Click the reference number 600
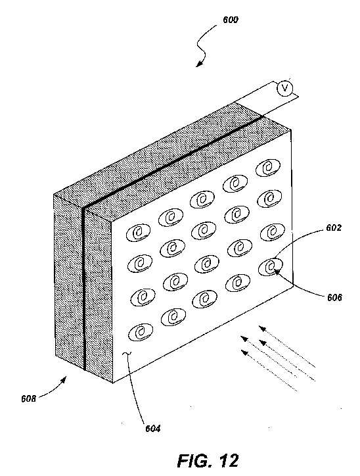tap(231, 20)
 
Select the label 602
tap(334, 227)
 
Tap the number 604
tap(153, 429)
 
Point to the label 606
tap(334, 297)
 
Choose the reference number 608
tap(28, 398)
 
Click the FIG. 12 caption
tap(208, 460)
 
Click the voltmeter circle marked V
tap(285, 88)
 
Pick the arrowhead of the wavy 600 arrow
tap(199, 64)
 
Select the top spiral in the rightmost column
tap(268, 168)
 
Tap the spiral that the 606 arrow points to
tap(270, 267)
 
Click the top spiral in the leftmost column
tap(138, 233)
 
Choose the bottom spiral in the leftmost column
tap(141, 332)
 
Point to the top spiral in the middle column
tap(202, 199)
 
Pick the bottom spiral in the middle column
tap(204, 298)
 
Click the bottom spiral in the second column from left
tap(173, 318)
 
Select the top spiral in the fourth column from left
tap(235, 183)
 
